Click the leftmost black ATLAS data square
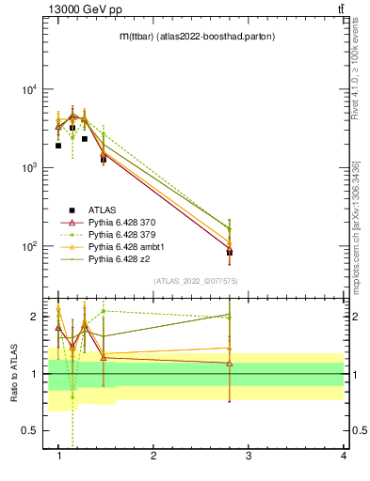click(x=58, y=146)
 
